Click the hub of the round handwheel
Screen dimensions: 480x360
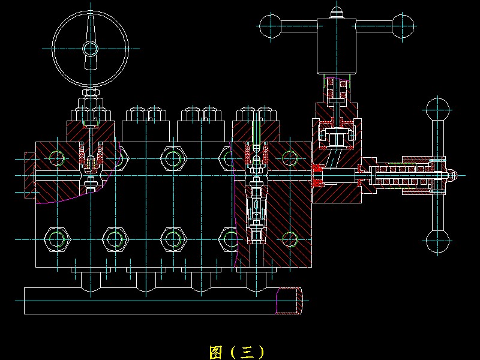91,49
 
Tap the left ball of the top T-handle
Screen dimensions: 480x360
271,26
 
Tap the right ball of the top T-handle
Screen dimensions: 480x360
403,26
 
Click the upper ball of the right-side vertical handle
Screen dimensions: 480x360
438,109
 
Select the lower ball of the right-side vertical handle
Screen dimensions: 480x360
438,241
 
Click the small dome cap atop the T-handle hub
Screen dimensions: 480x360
337,13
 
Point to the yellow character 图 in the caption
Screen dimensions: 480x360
215,352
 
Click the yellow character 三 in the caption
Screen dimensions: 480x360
247,352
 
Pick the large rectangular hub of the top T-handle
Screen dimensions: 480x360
337,46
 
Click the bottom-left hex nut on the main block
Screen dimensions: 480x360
57,239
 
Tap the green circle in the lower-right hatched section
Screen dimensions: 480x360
290,239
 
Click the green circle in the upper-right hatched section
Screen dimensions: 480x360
290,158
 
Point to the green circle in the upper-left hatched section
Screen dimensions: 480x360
57,158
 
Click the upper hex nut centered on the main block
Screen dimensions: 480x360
173,158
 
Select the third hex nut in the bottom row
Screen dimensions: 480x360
173,239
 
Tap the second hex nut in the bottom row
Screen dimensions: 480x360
115,239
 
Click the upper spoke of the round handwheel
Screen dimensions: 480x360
91,29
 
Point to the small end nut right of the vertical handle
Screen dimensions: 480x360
452,176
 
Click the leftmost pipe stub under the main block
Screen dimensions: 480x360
91,281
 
